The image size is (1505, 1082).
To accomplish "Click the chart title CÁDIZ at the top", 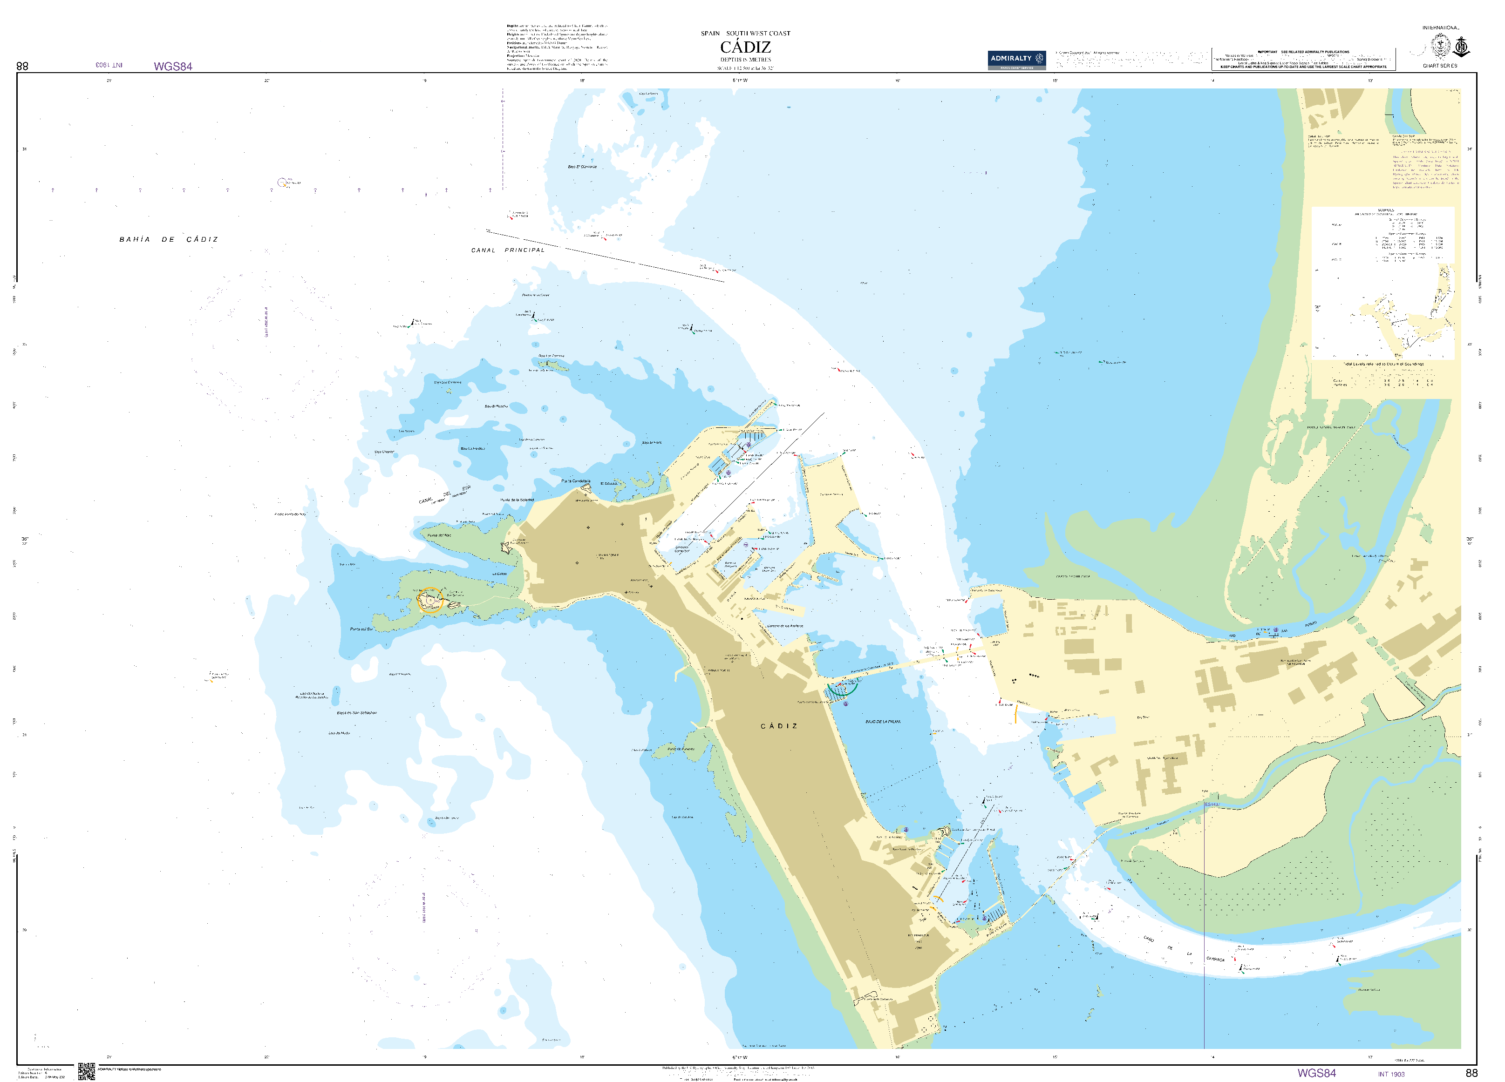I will point(745,47).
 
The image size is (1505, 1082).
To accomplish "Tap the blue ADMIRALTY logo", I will point(1016,59).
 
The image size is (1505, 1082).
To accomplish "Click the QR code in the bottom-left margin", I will point(86,1071).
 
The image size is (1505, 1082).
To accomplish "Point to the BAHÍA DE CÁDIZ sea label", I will point(169,239).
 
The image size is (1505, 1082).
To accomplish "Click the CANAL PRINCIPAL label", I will point(508,250).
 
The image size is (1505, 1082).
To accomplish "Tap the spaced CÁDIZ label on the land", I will point(779,726).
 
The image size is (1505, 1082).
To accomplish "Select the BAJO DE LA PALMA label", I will point(883,721).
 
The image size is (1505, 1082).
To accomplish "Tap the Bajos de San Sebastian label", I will point(356,712).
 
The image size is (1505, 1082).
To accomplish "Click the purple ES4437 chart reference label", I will point(1212,805).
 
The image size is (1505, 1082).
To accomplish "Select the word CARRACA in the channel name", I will point(1215,959).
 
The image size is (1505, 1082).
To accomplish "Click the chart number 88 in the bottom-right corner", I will point(1471,1073).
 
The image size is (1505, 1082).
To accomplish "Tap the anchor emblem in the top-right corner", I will point(1461,47).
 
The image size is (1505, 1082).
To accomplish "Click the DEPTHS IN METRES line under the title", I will point(745,60).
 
